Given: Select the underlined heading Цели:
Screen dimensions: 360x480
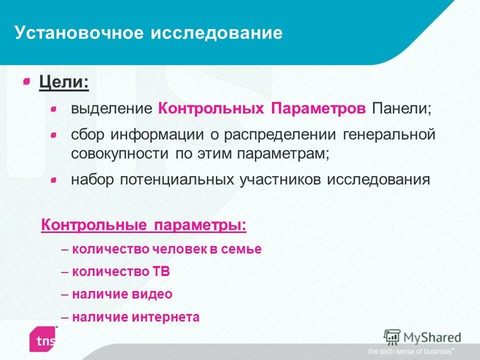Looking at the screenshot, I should pyautogui.click(x=64, y=82).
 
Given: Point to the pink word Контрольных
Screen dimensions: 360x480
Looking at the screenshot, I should pyautogui.click(x=211, y=109).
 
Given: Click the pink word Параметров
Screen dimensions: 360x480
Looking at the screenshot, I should pyautogui.click(x=318, y=109).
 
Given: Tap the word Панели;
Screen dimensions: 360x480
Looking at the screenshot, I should pyautogui.click(x=400, y=109).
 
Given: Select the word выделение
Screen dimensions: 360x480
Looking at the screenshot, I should pyautogui.click(x=111, y=109).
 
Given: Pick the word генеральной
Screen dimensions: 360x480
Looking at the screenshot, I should pyautogui.click(x=389, y=135).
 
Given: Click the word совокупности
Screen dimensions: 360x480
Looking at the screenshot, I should pyautogui.click(x=119, y=153).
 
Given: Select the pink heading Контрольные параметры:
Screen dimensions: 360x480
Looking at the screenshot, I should pyautogui.click(x=143, y=224).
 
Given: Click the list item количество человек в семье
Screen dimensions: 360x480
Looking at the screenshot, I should pyautogui.click(x=166, y=249).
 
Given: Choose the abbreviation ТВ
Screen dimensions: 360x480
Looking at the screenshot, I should pyautogui.click(x=161, y=272).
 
